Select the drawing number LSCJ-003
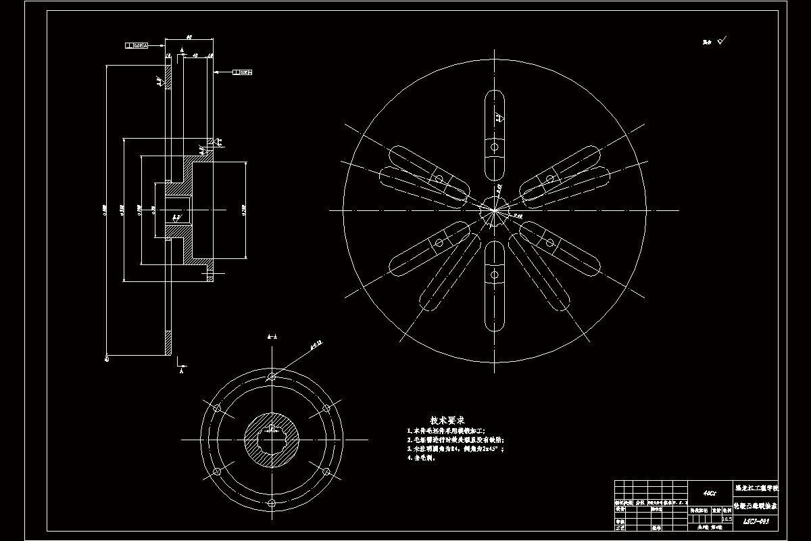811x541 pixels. coord(756,521)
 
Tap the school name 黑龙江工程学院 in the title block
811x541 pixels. coord(756,488)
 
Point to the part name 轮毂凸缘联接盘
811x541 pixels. coord(756,505)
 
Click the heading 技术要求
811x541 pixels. coord(447,421)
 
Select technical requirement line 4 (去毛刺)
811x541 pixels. coord(422,458)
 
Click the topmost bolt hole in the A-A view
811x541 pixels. coord(272,376)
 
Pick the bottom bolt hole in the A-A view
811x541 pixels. coord(272,503)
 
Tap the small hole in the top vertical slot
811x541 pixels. coord(495,147)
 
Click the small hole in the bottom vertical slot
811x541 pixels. coord(495,274)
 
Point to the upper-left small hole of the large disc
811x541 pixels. coord(439,179)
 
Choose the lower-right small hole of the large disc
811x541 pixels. coord(550,241)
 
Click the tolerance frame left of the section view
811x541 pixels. coord(137,46)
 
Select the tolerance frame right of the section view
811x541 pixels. coord(242,71)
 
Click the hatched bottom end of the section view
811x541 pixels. coord(168,343)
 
